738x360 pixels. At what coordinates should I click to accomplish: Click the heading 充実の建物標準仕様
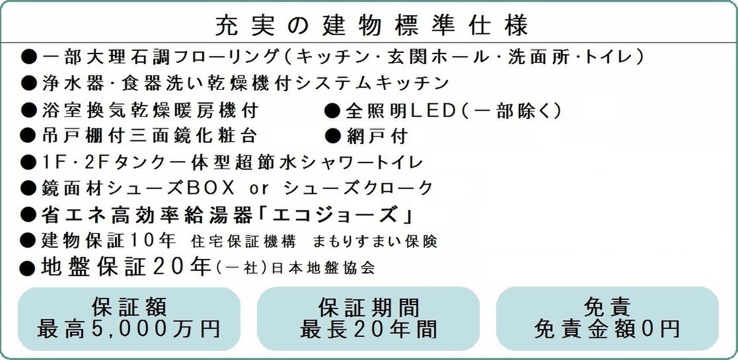coord(372,25)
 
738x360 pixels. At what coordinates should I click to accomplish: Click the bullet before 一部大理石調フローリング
coord(28,57)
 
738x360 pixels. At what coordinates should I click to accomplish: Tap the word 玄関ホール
coord(438,57)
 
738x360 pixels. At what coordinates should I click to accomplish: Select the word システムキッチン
coord(373,83)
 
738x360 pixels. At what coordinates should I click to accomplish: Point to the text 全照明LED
coord(400,110)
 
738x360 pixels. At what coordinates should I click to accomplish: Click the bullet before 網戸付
coord(333,136)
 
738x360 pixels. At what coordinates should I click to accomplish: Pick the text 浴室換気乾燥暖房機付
coord(150,110)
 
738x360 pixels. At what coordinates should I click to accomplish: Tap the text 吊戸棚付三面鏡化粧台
coord(149,136)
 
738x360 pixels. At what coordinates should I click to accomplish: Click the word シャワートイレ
coord(362,162)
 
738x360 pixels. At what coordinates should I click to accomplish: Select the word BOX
coord(210,188)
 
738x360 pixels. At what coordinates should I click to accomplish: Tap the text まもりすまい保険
coord(375,241)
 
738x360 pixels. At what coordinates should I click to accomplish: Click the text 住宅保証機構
coord(243,241)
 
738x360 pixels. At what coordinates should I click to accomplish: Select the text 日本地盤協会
coord(323,268)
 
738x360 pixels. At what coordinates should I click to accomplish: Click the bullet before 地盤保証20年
coord(27,268)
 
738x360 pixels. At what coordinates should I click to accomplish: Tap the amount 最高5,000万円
coord(129,329)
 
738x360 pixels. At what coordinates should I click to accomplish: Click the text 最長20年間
coord(368,329)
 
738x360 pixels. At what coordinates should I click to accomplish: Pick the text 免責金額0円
coord(607,329)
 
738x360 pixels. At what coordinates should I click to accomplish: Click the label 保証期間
coord(368,308)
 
